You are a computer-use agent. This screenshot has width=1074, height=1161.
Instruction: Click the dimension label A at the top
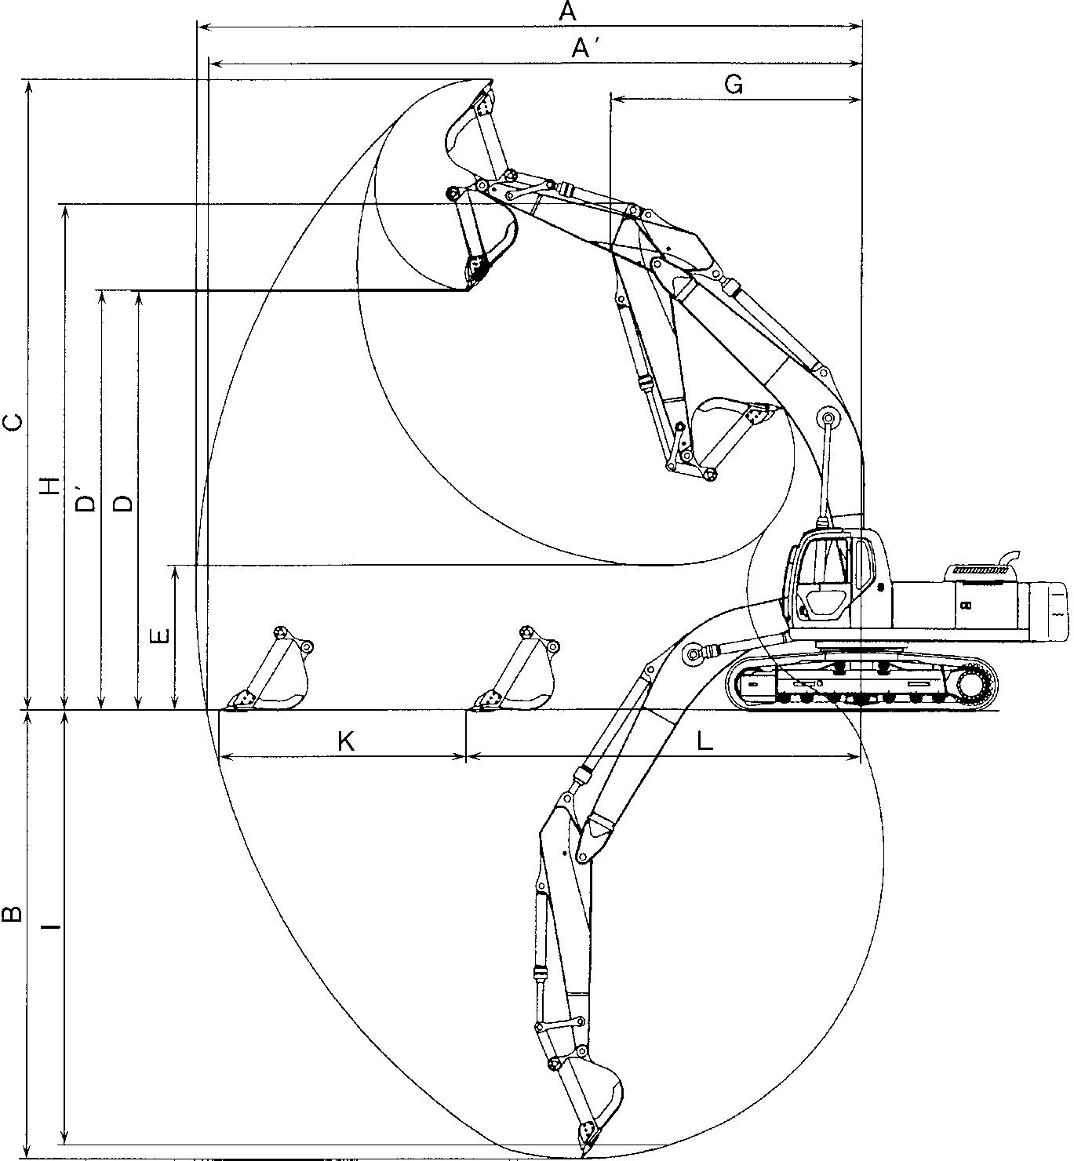(566, 12)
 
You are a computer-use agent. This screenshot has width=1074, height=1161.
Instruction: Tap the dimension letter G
(734, 85)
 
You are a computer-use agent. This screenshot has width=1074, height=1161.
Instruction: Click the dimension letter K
(346, 742)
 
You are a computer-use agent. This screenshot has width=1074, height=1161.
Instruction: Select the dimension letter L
(706, 742)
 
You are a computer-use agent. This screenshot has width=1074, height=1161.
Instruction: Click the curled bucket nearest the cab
(731, 432)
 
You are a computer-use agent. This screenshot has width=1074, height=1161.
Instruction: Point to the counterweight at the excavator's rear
(1047, 611)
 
